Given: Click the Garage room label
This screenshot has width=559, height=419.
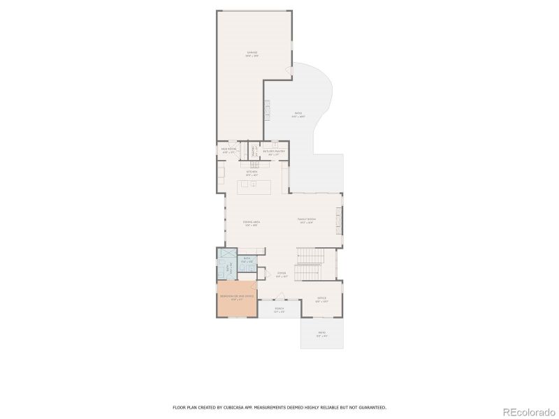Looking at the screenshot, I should pyautogui.click(x=252, y=53).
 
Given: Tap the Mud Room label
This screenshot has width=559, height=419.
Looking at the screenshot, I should pyautogui.click(x=228, y=150).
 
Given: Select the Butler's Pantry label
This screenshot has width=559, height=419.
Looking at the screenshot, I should pyautogui.click(x=274, y=150).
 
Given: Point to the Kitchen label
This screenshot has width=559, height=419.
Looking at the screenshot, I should pyautogui.click(x=252, y=172).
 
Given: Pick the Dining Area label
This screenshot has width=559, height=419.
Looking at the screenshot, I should pyautogui.click(x=252, y=223).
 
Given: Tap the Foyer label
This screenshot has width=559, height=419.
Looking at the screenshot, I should pyautogui.click(x=282, y=274).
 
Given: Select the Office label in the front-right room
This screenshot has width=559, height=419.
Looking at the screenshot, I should pyautogui.click(x=322, y=299).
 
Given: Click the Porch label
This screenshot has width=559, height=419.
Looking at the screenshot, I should pyautogui.click(x=279, y=309).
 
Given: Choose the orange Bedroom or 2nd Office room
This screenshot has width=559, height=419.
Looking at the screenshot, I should pyautogui.click(x=237, y=298).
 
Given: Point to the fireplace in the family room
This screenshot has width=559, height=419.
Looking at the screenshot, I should pyautogui.click(x=340, y=222).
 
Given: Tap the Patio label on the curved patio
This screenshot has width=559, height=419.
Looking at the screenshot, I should pyautogui.click(x=298, y=115).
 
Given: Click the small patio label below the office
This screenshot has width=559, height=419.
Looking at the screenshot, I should pyautogui.click(x=321, y=333).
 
